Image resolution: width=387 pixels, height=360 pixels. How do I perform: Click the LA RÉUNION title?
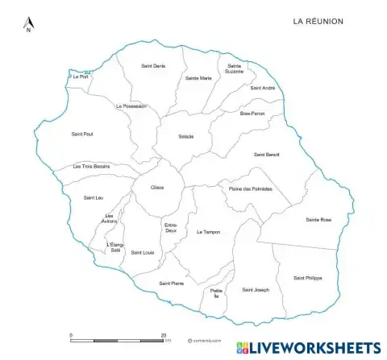(x=318, y=21)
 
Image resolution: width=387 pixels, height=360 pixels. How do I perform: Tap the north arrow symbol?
(x=28, y=24)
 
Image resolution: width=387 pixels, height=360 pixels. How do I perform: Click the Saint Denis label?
(x=152, y=65)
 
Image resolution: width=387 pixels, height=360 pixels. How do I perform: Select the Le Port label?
(x=80, y=77)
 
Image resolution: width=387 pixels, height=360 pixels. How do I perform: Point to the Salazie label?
(x=185, y=136)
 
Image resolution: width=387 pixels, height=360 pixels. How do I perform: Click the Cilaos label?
(x=157, y=188)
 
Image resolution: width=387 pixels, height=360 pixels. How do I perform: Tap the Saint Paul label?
(x=82, y=134)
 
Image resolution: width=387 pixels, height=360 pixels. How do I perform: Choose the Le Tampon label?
(x=208, y=232)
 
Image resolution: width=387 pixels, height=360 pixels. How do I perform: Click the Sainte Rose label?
(x=318, y=220)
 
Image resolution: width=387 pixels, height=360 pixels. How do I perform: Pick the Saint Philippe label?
(x=307, y=278)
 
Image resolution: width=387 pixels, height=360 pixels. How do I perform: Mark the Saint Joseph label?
(x=256, y=290)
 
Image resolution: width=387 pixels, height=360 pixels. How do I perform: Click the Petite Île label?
(x=215, y=294)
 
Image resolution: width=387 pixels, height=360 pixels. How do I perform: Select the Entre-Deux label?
(x=171, y=229)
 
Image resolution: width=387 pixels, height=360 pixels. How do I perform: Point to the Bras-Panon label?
(x=252, y=114)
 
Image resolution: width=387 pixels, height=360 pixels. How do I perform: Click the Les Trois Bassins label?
(x=91, y=166)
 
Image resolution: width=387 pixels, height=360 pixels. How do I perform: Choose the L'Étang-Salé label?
(x=115, y=248)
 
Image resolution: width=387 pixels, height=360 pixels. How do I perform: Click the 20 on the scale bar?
(x=164, y=333)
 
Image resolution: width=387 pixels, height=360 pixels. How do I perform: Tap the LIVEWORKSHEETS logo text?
(x=315, y=348)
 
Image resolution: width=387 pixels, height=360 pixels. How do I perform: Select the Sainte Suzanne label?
(x=235, y=69)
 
